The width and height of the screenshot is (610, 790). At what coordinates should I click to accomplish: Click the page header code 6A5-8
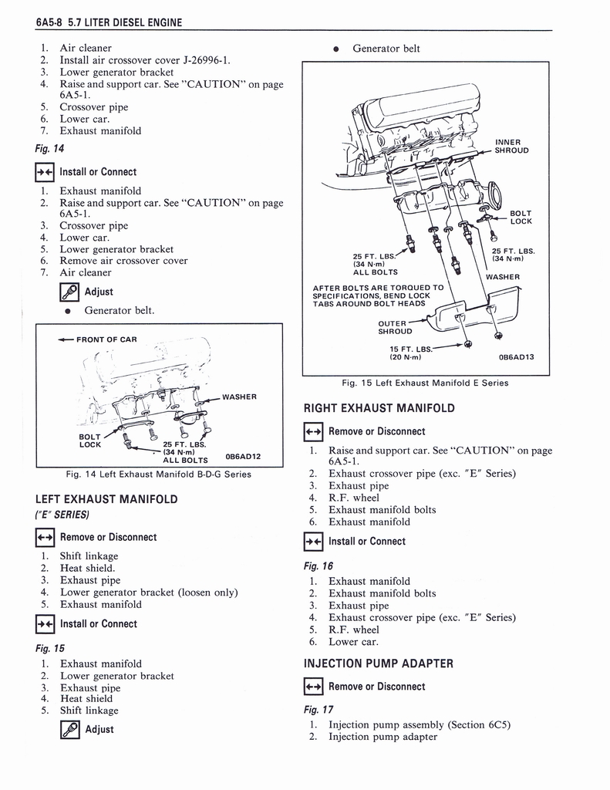coord(49,22)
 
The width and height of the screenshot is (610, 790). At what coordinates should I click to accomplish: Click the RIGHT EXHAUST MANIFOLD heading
coord(379,408)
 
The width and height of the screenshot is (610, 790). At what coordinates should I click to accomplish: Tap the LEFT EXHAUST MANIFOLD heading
coord(106,499)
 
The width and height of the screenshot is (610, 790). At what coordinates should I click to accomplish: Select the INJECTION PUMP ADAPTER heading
coord(378,663)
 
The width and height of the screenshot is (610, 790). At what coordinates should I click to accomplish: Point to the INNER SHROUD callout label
coord(511,146)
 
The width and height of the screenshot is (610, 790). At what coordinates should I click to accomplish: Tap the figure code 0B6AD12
coord(242,456)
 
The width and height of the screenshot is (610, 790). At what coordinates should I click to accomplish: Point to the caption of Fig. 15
coord(425,383)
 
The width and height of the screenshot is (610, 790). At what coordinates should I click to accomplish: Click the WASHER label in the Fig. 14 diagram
coord(239,397)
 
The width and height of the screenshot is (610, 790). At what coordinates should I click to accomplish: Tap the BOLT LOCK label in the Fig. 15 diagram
coord(521,217)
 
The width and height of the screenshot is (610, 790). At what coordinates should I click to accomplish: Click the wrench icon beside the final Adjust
coord(69,729)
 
